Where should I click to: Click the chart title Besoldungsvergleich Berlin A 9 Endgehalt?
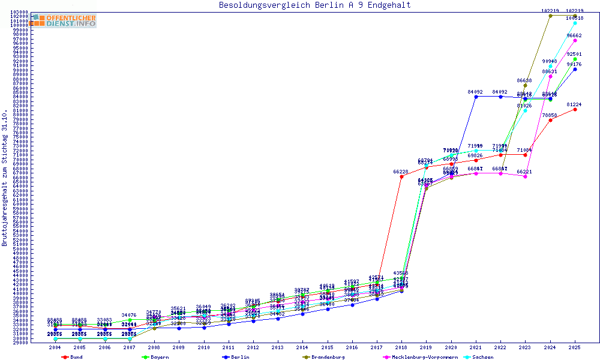pyautogui.click(x=315, y=5)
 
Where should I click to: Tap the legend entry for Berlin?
pyautogui.click(x=235, y=357)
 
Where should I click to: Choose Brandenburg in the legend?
pyautogui.click(x=323, y=357)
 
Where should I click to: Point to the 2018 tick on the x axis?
pyautogui.click(x=401, y=347)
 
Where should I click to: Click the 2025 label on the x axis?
pyautogui.click(x=575, y=347)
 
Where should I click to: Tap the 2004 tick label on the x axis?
pyautogui.click(x=55, y=347)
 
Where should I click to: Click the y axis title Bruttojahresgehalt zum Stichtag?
pyautogui.click(x=5, y=178)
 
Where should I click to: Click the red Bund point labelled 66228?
pyautogui.click(x=401, y=176)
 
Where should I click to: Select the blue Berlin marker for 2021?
pyautogui.click(x=476, y=97)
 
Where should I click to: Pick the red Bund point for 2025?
pyautogui.click(x=575, y=109)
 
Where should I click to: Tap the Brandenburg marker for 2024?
pyautogui.click(x=550, y=16)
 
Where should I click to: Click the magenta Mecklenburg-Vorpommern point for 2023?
pyautogui.click(x=526, y=176)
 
